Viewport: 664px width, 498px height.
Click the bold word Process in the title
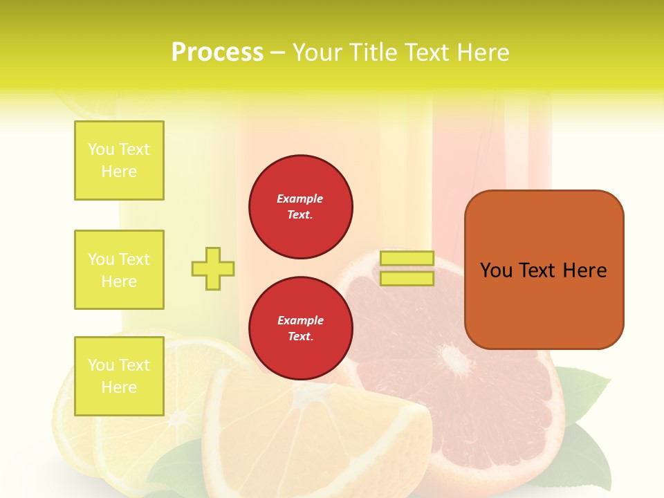pos(217,53)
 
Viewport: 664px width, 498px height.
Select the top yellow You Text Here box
pos(119,160)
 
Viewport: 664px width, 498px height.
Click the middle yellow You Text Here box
pos(119,270)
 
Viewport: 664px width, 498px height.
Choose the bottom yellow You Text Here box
pos(119,376)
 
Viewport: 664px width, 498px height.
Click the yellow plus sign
pos(213,268)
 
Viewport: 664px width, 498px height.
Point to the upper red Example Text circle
pos(301,207)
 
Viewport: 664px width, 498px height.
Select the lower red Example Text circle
pos(301,329)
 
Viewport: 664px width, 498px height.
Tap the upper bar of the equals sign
pos(407,258)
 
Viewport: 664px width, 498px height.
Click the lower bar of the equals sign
pos(407,279)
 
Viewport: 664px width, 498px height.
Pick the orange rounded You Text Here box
pos(544,304)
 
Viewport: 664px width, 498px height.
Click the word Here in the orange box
pos(584,270)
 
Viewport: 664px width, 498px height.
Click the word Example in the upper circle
pos(300,199)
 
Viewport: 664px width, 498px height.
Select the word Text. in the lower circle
pos(300,337)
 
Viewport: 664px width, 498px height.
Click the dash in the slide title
pos(277,53)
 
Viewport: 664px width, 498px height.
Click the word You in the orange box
pos(496,270)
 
